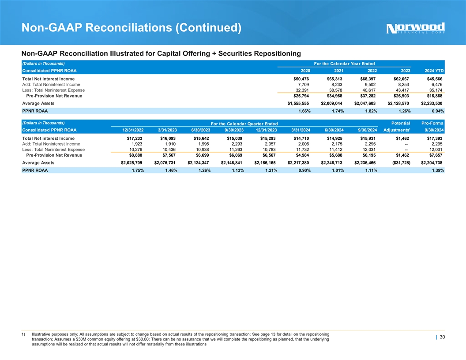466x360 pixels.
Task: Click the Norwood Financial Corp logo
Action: coord(415,28)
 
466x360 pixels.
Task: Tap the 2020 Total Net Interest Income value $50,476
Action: coord(301,79)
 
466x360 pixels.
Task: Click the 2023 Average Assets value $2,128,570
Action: coord(398,103)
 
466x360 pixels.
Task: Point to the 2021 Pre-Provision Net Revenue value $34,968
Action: coord(334,95)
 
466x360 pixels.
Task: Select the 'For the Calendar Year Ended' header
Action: coord(344,64)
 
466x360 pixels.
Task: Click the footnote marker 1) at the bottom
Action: coord(24,334)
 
